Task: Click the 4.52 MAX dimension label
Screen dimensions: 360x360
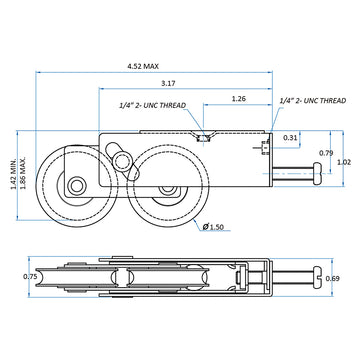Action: coord(143,66)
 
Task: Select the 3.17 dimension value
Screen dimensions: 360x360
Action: coord(168,83)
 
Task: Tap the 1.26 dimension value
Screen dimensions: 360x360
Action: coord(239,99)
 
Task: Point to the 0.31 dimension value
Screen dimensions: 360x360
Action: coord(290,137)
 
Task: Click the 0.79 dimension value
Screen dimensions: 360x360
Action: coord(326,153)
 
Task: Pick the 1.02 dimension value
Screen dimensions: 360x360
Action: coord(344,163)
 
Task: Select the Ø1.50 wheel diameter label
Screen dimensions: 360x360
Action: coord(213,227)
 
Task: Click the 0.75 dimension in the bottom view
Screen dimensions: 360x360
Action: coord(30,276)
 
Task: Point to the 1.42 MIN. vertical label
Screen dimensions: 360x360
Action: coord(14,174)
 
